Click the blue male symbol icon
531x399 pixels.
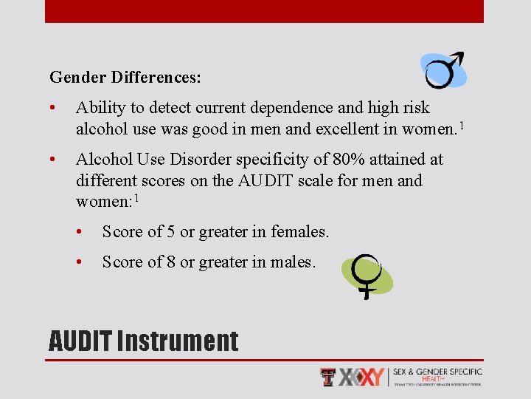coord(443,70)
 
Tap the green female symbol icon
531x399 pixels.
coord(367,276)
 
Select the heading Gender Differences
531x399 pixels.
coord(125,77)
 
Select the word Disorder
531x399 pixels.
coord(205,160)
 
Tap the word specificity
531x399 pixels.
coord(274,160)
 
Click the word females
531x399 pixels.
coord(298,232)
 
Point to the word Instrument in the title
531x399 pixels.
coord(178,341)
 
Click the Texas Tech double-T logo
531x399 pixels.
coord(328,377)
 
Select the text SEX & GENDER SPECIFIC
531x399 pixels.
coord(437,372)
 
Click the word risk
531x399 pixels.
coord(416,108)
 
